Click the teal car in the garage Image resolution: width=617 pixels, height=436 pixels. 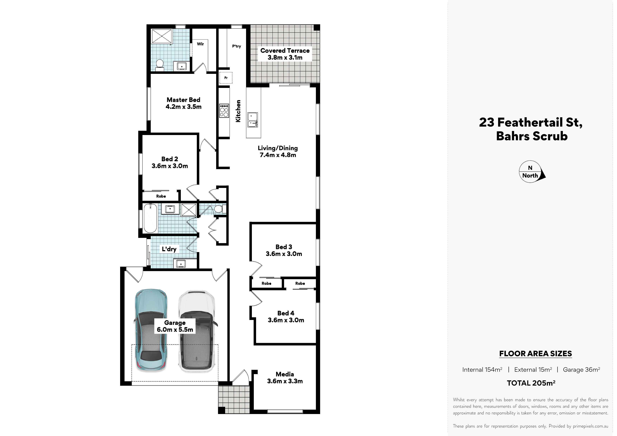tap(151, 330)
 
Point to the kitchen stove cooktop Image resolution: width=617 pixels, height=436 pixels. tap(224, 111)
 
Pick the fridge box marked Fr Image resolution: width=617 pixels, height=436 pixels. tap(226, 78)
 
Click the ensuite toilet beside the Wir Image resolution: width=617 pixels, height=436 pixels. tap(160, 65)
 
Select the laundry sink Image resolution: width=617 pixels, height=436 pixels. tap(181, 264)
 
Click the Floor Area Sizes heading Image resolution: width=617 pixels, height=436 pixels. tap(535, 354)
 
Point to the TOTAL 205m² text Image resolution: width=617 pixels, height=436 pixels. tap(531, 383)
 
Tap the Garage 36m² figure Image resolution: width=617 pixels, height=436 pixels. tap(581, 370)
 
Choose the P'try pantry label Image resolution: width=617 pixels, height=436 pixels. tap(237, 46)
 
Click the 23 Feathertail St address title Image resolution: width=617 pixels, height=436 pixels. tap(531, 123)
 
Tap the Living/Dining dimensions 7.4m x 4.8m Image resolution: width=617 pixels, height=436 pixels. tap(278, 155)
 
